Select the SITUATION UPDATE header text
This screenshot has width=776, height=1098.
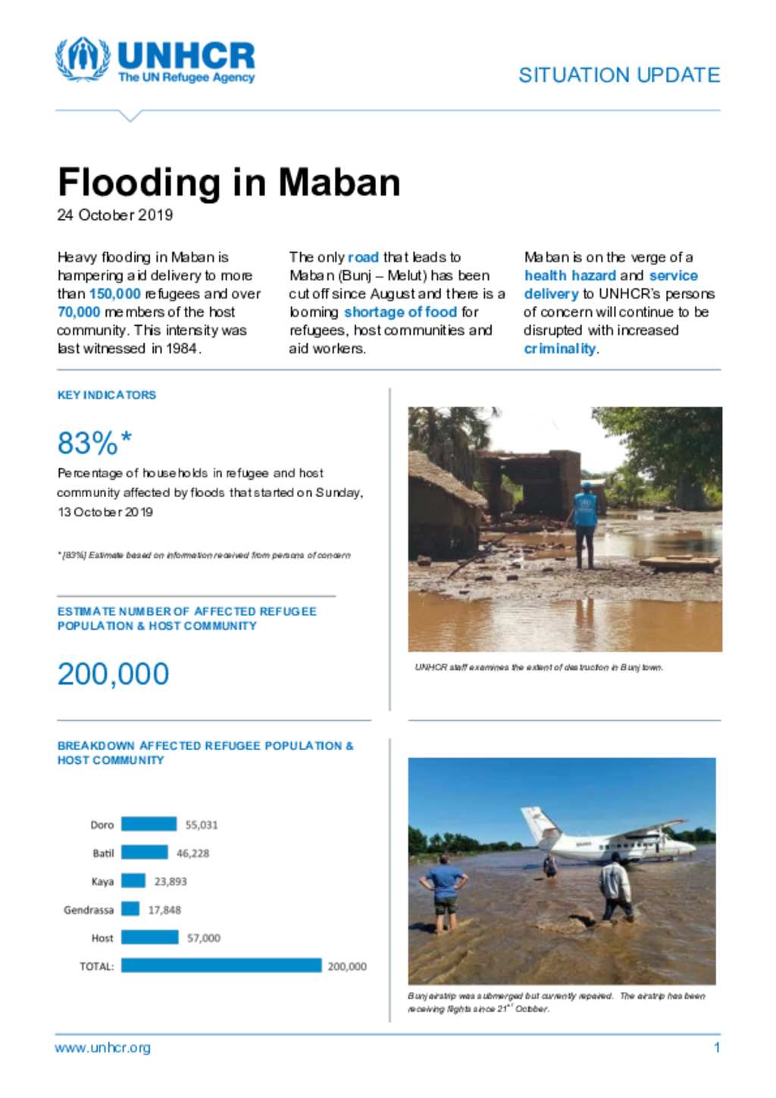[x=618, y=75]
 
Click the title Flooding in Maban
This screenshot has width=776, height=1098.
[x=229, y=183]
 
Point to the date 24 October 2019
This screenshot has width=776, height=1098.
[x=115, y=215]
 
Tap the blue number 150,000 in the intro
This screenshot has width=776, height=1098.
[x=115, y=294]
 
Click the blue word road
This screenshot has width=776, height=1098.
[x=363, y=258]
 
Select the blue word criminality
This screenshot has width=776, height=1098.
[x=560, y=349]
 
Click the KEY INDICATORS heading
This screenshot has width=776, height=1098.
[x=107, y=395]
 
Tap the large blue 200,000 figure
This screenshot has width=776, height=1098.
[x=114, y=674]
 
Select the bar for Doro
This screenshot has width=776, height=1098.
[x=149, y=824]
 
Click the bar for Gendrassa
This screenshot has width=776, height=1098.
[x=130, y=909]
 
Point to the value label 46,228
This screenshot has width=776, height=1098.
[x=192, y=853]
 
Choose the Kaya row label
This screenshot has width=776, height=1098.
[x=102, y=881]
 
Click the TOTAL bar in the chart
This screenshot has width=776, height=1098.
[x=221, y=966]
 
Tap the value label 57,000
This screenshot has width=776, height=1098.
[x=204, y=938]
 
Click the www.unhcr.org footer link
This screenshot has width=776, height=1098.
[x=102, y=1048]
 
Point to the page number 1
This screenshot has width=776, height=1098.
[x=716, y=1048]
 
